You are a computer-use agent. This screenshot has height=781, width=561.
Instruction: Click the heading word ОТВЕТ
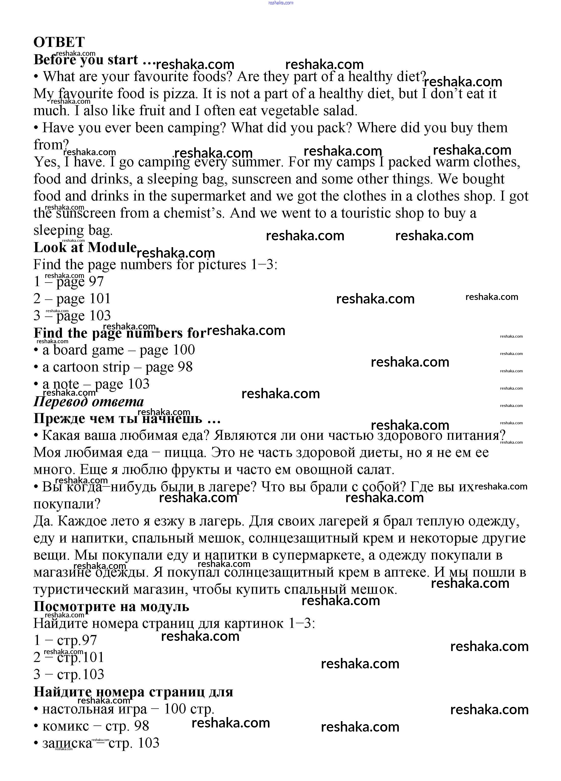59,42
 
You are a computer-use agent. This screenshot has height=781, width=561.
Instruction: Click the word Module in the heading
112,247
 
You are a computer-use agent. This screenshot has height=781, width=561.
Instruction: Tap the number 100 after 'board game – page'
183,350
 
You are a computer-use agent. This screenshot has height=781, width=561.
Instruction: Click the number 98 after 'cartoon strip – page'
185,367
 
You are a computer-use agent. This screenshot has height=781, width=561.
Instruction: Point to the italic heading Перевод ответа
88,402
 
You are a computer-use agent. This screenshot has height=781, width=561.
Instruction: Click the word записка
67,744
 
